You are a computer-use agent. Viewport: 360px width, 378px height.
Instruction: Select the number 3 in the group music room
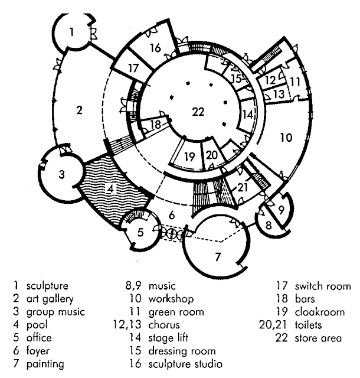click(61, 174)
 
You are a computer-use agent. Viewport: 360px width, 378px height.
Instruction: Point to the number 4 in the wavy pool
click(110, 190)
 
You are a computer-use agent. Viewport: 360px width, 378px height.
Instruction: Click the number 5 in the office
click(140, 232)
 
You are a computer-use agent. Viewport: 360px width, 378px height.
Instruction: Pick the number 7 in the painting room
click(217, 257)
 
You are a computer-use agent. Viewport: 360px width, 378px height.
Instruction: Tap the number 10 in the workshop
click(286, 138)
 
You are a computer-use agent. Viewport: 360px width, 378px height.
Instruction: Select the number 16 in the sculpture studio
click(155, 48)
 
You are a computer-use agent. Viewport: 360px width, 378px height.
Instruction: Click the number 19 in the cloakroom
click(189, 157)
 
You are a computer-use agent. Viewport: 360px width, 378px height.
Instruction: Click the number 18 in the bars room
click(155, 125)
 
